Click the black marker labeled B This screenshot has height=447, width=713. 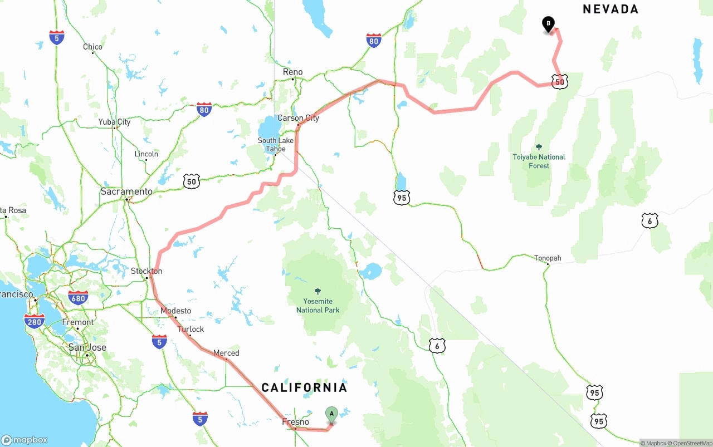click(x=549, y=24)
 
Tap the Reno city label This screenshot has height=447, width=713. click(x=292, y=72)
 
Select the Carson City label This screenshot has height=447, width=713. click(x=298, y=118)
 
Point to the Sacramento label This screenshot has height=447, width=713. click(x=126, y=191)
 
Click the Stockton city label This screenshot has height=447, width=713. click(x=146, y=271)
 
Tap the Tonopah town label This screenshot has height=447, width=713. click(x=548, y=258)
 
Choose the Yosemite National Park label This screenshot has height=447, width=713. click(x=318, y=306)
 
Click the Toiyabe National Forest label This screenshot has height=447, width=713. click(x=539, y=161)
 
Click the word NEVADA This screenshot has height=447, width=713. click(x=611, y=9)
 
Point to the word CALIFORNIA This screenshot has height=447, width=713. click(x=304, y=387)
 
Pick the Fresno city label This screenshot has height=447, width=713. click(x=295, y=422)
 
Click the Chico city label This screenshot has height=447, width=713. click(x=92, y=47)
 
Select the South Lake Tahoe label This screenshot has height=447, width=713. click(x=275, y=145)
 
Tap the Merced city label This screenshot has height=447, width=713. click(x=226, y=353)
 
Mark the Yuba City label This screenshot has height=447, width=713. click(x=114, y=122)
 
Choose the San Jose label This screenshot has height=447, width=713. click(x=87, y=347)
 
